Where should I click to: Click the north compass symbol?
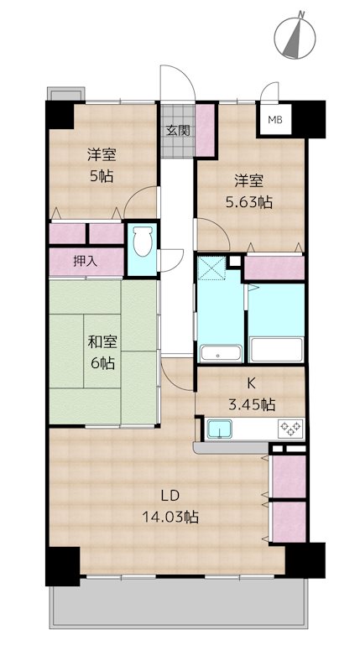295,36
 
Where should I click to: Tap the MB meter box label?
274,120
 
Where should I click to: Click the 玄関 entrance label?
178,130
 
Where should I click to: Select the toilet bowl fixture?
142,242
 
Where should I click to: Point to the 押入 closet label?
86,262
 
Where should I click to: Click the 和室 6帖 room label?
102,352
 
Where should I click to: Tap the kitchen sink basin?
220,429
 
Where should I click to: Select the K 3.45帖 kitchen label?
251,393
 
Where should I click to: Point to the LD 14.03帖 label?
170,507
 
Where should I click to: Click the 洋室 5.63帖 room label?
248,191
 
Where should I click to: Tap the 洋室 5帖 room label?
102,164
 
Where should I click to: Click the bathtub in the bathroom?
277,349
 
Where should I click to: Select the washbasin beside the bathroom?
221,352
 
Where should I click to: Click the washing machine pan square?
212,268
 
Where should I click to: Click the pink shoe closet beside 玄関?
205,130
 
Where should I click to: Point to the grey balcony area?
179,602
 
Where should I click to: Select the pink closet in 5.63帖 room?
274,268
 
